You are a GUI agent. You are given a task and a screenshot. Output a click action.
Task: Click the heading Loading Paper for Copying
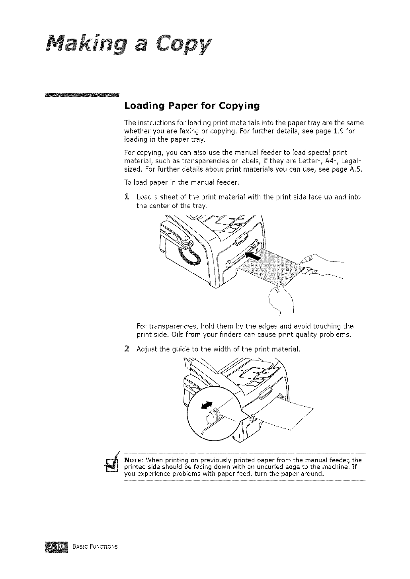(x=192, y=106)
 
